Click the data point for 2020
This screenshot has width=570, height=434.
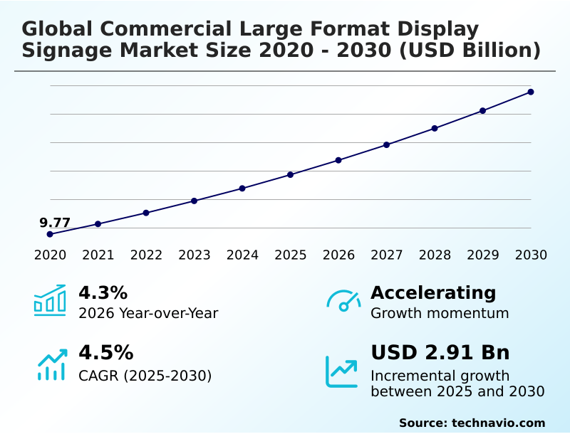tap(50, 234)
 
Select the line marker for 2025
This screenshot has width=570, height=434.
tap(291, 174)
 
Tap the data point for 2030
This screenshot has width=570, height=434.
tap(531, 92)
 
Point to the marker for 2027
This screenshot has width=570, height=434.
tap(387, 144)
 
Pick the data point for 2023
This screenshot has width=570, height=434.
tap(195, 201)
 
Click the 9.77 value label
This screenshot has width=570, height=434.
tap(55, 223)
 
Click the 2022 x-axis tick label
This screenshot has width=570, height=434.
tap(146, 255)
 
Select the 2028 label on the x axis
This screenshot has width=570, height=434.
tap(435, 255)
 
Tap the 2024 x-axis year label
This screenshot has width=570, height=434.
tap(242, 255)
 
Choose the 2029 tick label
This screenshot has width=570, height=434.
tap(483, 255)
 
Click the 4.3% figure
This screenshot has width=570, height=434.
tap(103, 292)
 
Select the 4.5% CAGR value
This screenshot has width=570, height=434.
tap(105, 353)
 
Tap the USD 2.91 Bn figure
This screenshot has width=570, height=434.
tap(440, 353)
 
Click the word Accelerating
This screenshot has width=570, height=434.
tap(433, 292)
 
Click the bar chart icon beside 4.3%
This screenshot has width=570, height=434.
tap(50, 300)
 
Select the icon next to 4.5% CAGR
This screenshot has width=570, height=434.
tap(51, 364)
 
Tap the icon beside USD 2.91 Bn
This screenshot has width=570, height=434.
tap(342, 371)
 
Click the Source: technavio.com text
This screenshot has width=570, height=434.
tap(472, 423)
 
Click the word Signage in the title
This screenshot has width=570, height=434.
tap(63, 51)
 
